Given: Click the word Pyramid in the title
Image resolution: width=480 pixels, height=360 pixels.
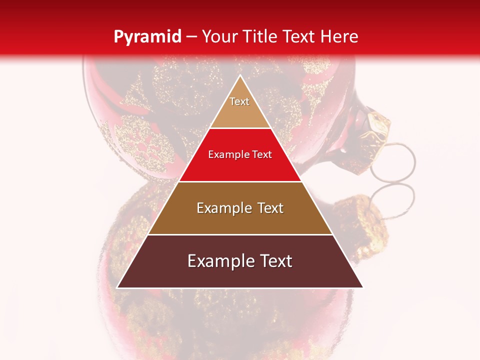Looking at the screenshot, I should point(147,36).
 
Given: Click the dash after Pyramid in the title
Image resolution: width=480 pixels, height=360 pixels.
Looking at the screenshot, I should point(191,37).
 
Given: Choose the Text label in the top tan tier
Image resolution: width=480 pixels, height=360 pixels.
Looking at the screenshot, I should point(239,101).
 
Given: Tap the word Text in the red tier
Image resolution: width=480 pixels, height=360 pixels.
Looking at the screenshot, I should point(262,154).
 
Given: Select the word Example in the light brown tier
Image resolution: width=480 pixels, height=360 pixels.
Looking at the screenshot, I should point(223,208).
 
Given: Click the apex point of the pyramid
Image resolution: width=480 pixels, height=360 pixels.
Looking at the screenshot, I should point(240,75).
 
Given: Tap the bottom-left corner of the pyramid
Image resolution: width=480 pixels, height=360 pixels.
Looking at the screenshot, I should point(117,287).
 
